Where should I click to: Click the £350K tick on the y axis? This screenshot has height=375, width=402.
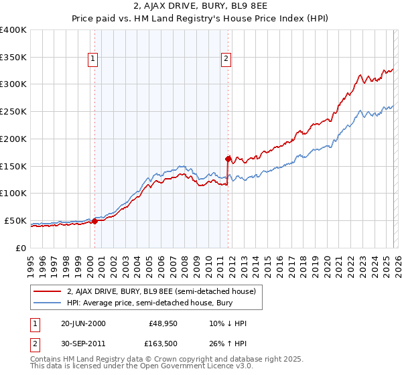[x=13, y=58]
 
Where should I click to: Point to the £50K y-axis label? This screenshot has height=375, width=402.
[x=15, y=221]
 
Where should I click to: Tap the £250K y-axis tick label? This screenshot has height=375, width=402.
[x=13, y=112]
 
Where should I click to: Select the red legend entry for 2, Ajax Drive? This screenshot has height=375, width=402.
[x=161, y=291]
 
